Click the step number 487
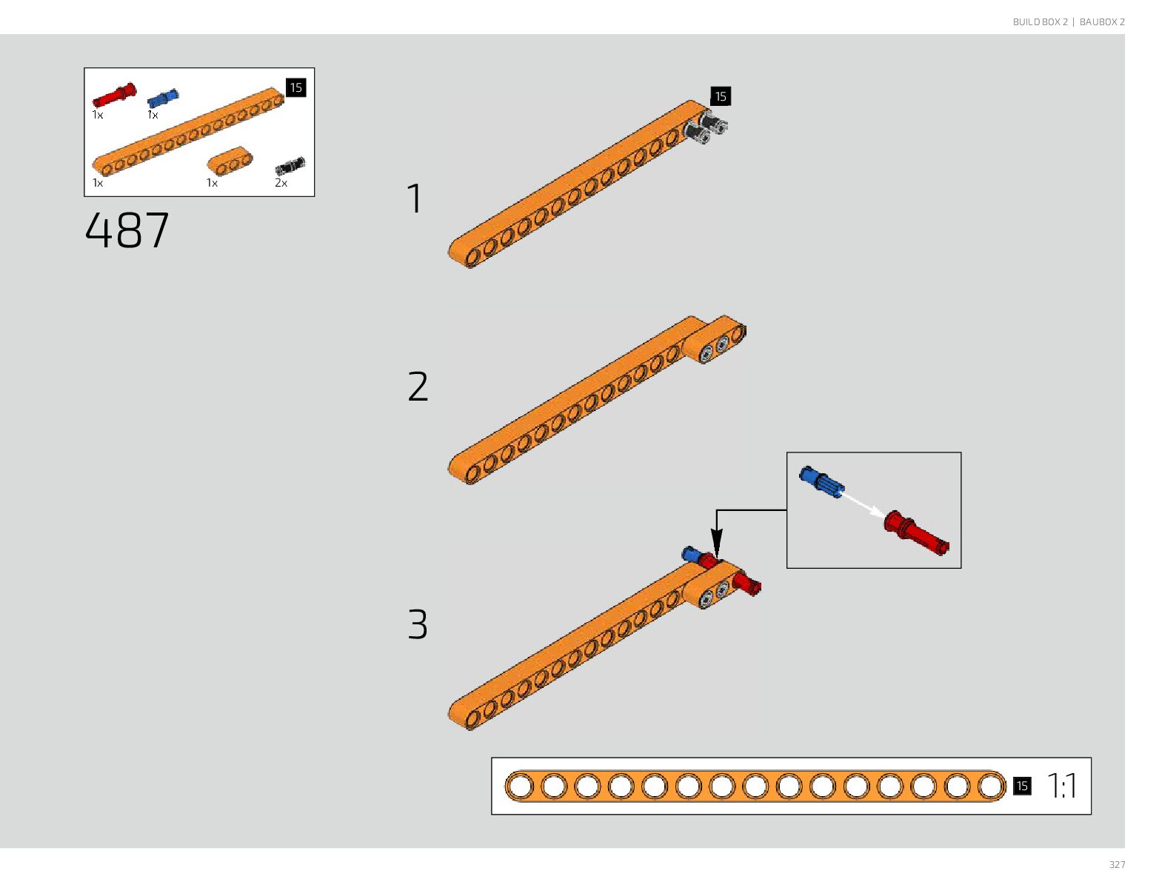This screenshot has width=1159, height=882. [127, 230]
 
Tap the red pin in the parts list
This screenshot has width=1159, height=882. [114, 96]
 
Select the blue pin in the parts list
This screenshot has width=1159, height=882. [163, 98]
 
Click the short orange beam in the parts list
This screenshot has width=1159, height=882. [230, 161]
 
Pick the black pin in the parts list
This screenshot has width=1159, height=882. [290, 167]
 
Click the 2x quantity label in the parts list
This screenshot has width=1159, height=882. [281, 183]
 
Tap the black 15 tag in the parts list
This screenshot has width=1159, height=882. [295, 87]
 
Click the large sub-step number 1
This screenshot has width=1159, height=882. [415, 198]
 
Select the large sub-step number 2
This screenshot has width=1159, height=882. [418, 387]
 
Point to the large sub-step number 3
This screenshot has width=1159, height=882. [418, 624]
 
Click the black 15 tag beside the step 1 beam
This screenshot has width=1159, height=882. [720, 96]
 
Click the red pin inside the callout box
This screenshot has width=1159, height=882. [915, 532]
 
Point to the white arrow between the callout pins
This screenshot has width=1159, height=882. [863, 506]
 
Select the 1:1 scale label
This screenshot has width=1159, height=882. [1062, 786]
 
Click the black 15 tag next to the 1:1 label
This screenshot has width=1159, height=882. [1022, 786]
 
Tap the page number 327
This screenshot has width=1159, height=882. [1117, 865]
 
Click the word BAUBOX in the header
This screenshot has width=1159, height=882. [1098, 22]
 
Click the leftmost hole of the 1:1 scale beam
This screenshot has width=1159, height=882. [521, 786]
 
